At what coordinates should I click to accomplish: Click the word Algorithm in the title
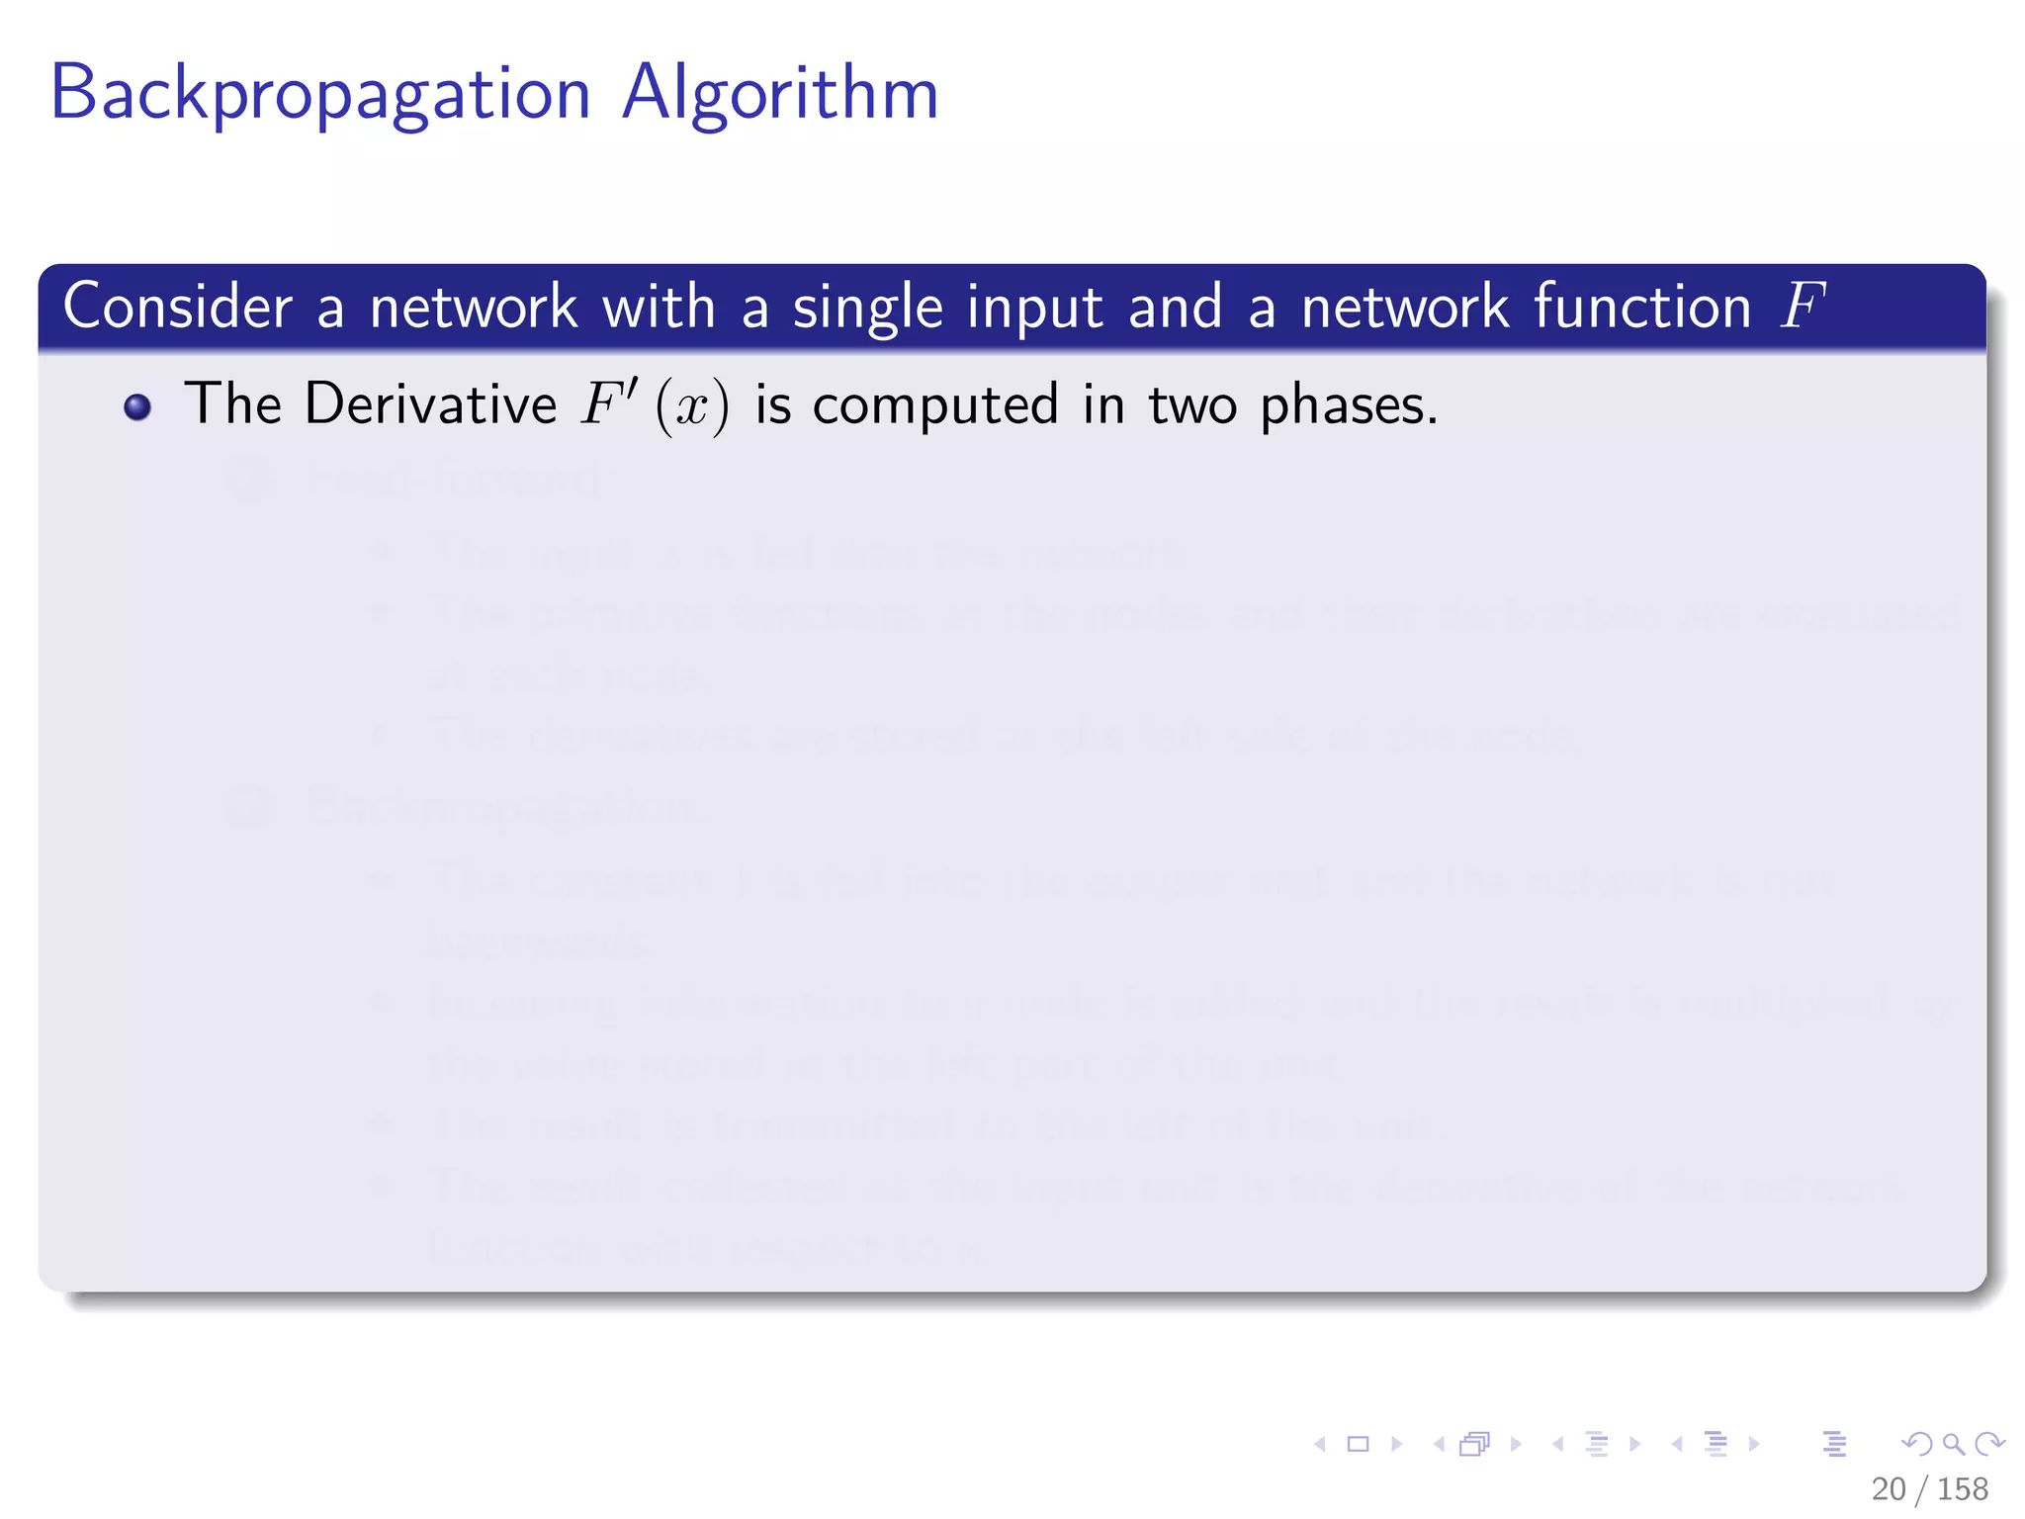780,93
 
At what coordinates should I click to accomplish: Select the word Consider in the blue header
178,307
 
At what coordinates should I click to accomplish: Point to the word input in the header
1034,309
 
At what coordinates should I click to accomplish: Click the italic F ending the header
1802,307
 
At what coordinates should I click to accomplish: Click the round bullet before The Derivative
137,407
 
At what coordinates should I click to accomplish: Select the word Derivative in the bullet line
430,404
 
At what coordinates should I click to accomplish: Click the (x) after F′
692,407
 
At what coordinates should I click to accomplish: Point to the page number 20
1888,1489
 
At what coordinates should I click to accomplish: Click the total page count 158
1962,1489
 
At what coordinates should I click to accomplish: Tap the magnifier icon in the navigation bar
1953,1445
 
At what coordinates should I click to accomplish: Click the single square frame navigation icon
1359,1445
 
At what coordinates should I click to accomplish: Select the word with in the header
659,307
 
